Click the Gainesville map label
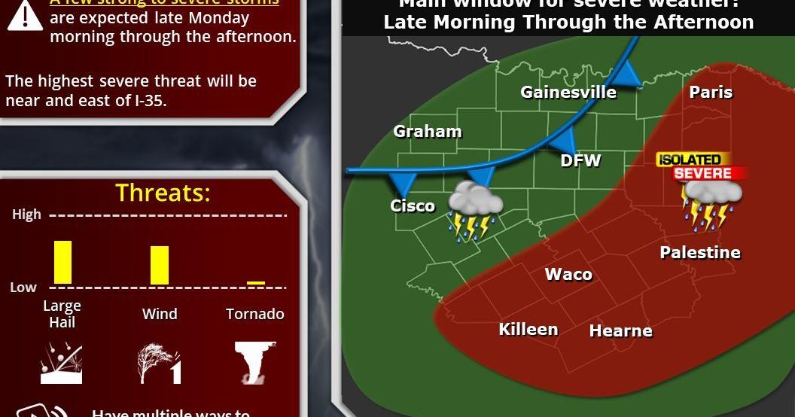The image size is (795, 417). (568, 93)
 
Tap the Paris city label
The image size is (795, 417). (711, 92)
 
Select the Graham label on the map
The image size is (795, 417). (427, 132)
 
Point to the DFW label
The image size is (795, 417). (580, 160)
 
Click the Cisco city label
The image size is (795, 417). (413, 205)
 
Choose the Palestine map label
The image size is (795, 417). (700, 253)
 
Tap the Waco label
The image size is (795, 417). (568, 275)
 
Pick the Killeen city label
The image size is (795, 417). (528, 329)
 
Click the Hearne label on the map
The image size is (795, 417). (620, 330)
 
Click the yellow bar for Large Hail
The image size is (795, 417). (62, 262)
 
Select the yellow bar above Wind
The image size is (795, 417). (160, 265)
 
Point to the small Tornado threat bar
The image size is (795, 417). (256, 283)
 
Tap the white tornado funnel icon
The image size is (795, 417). (254, 362)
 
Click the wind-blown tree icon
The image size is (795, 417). (159, 364)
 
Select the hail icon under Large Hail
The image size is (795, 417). (61, 363)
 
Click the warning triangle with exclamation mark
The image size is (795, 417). (24, 15)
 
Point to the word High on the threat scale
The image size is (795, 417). (26, 215)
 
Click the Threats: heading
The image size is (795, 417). (163, 193)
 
